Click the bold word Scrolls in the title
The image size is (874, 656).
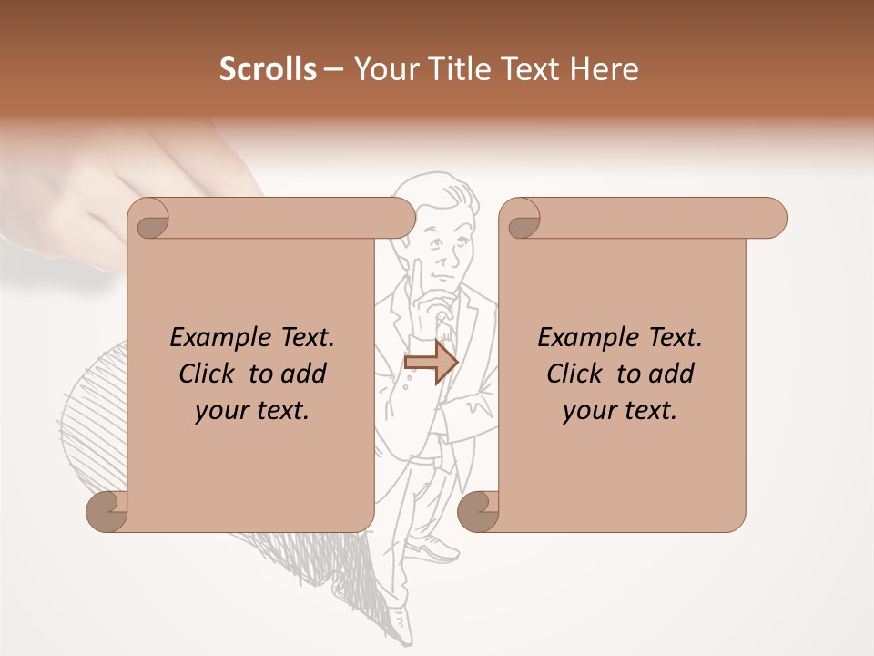[x=268, y=69]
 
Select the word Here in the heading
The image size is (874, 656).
[x=605, y=69]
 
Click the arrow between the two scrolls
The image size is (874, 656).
[x=431, y=363]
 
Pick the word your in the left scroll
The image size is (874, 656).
[x=219, y=411]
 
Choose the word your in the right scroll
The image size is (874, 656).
[x=587, y=411]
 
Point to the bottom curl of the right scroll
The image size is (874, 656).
[x=478, y=512]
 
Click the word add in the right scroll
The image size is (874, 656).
[x=671, y=374]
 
